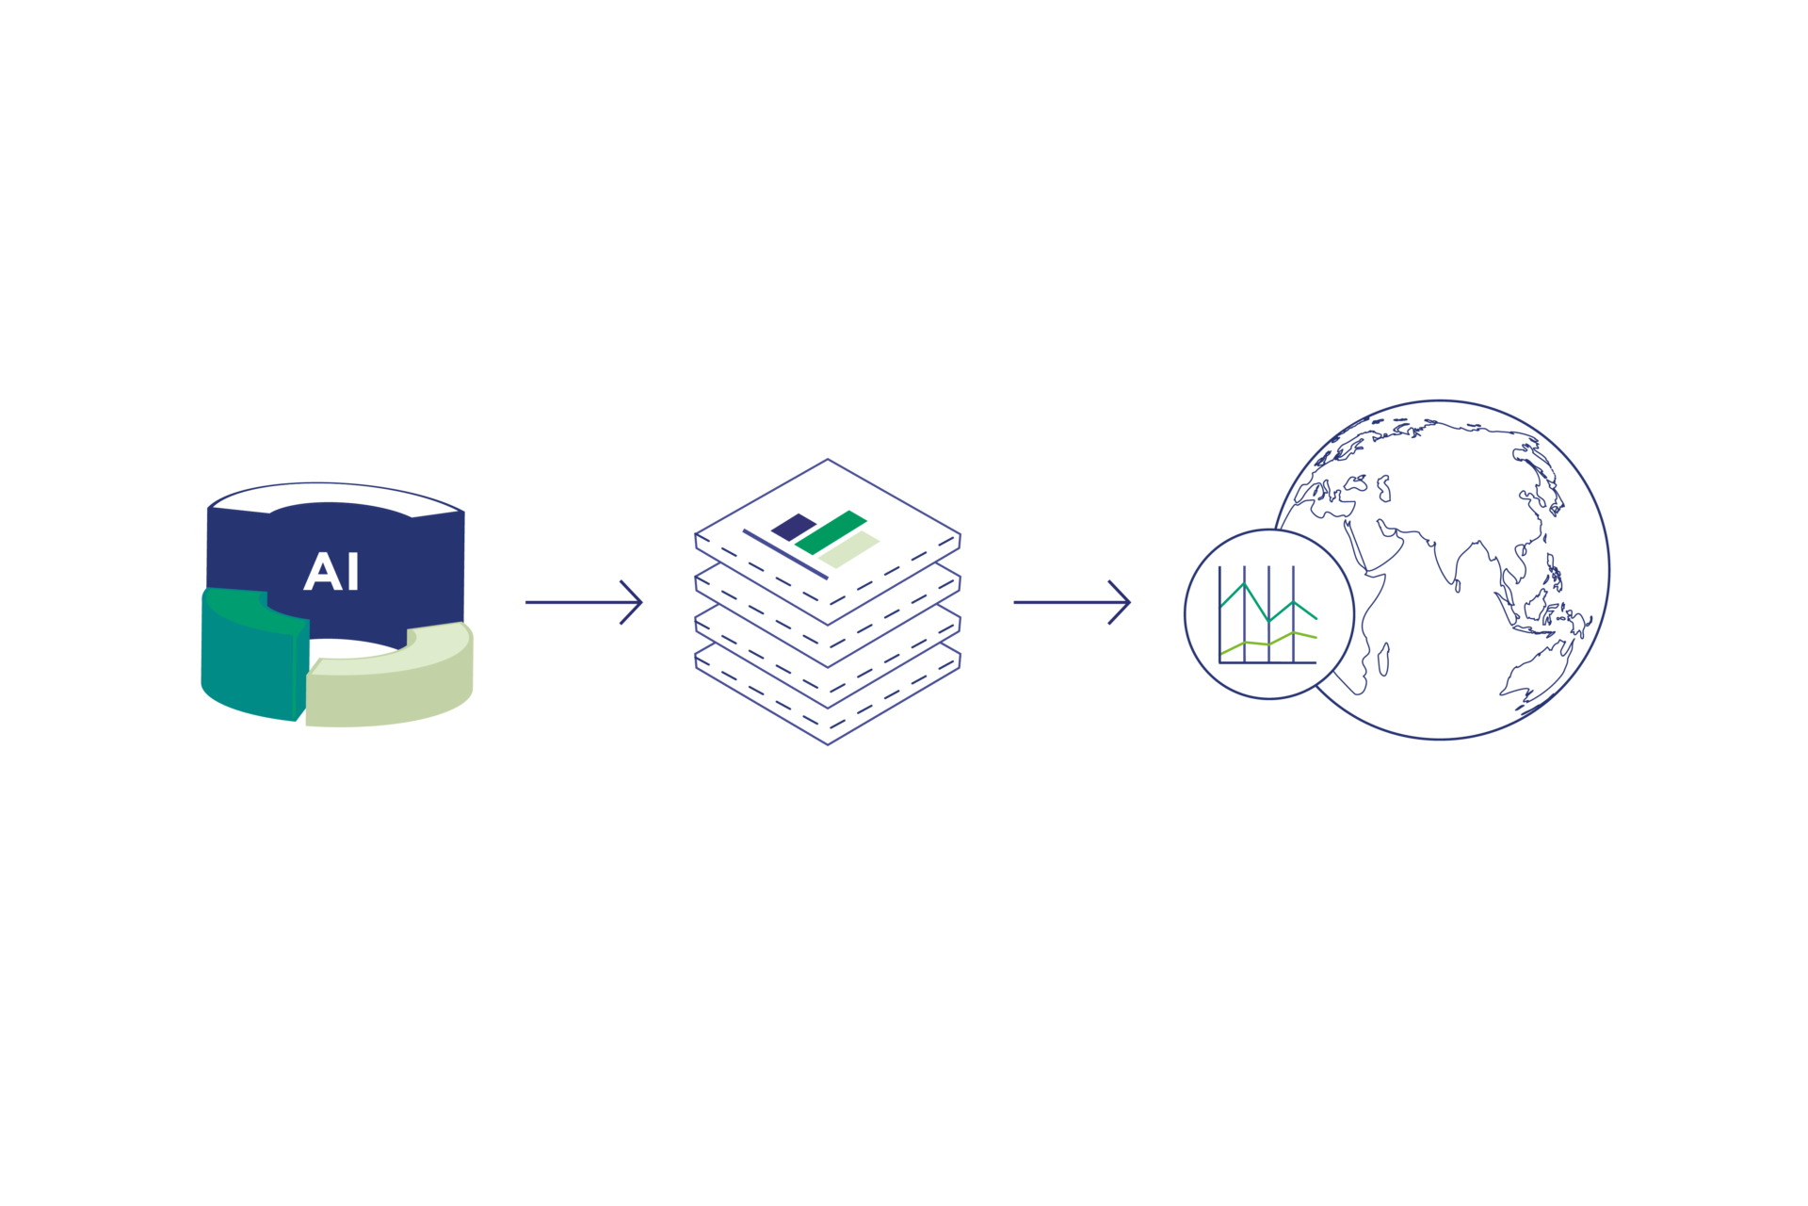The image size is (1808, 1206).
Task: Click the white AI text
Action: point(331,572)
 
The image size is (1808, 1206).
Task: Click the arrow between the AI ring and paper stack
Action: point(584,601)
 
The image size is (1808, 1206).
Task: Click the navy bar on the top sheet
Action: point(793,526)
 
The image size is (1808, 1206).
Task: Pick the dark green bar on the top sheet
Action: point(830,531)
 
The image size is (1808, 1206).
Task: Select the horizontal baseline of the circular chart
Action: point(1267,662)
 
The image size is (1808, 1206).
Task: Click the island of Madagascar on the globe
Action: point(1383,659)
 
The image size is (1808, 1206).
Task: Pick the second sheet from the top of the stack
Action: point(828,613)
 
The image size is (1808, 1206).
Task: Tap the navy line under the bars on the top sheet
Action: point(784,553)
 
